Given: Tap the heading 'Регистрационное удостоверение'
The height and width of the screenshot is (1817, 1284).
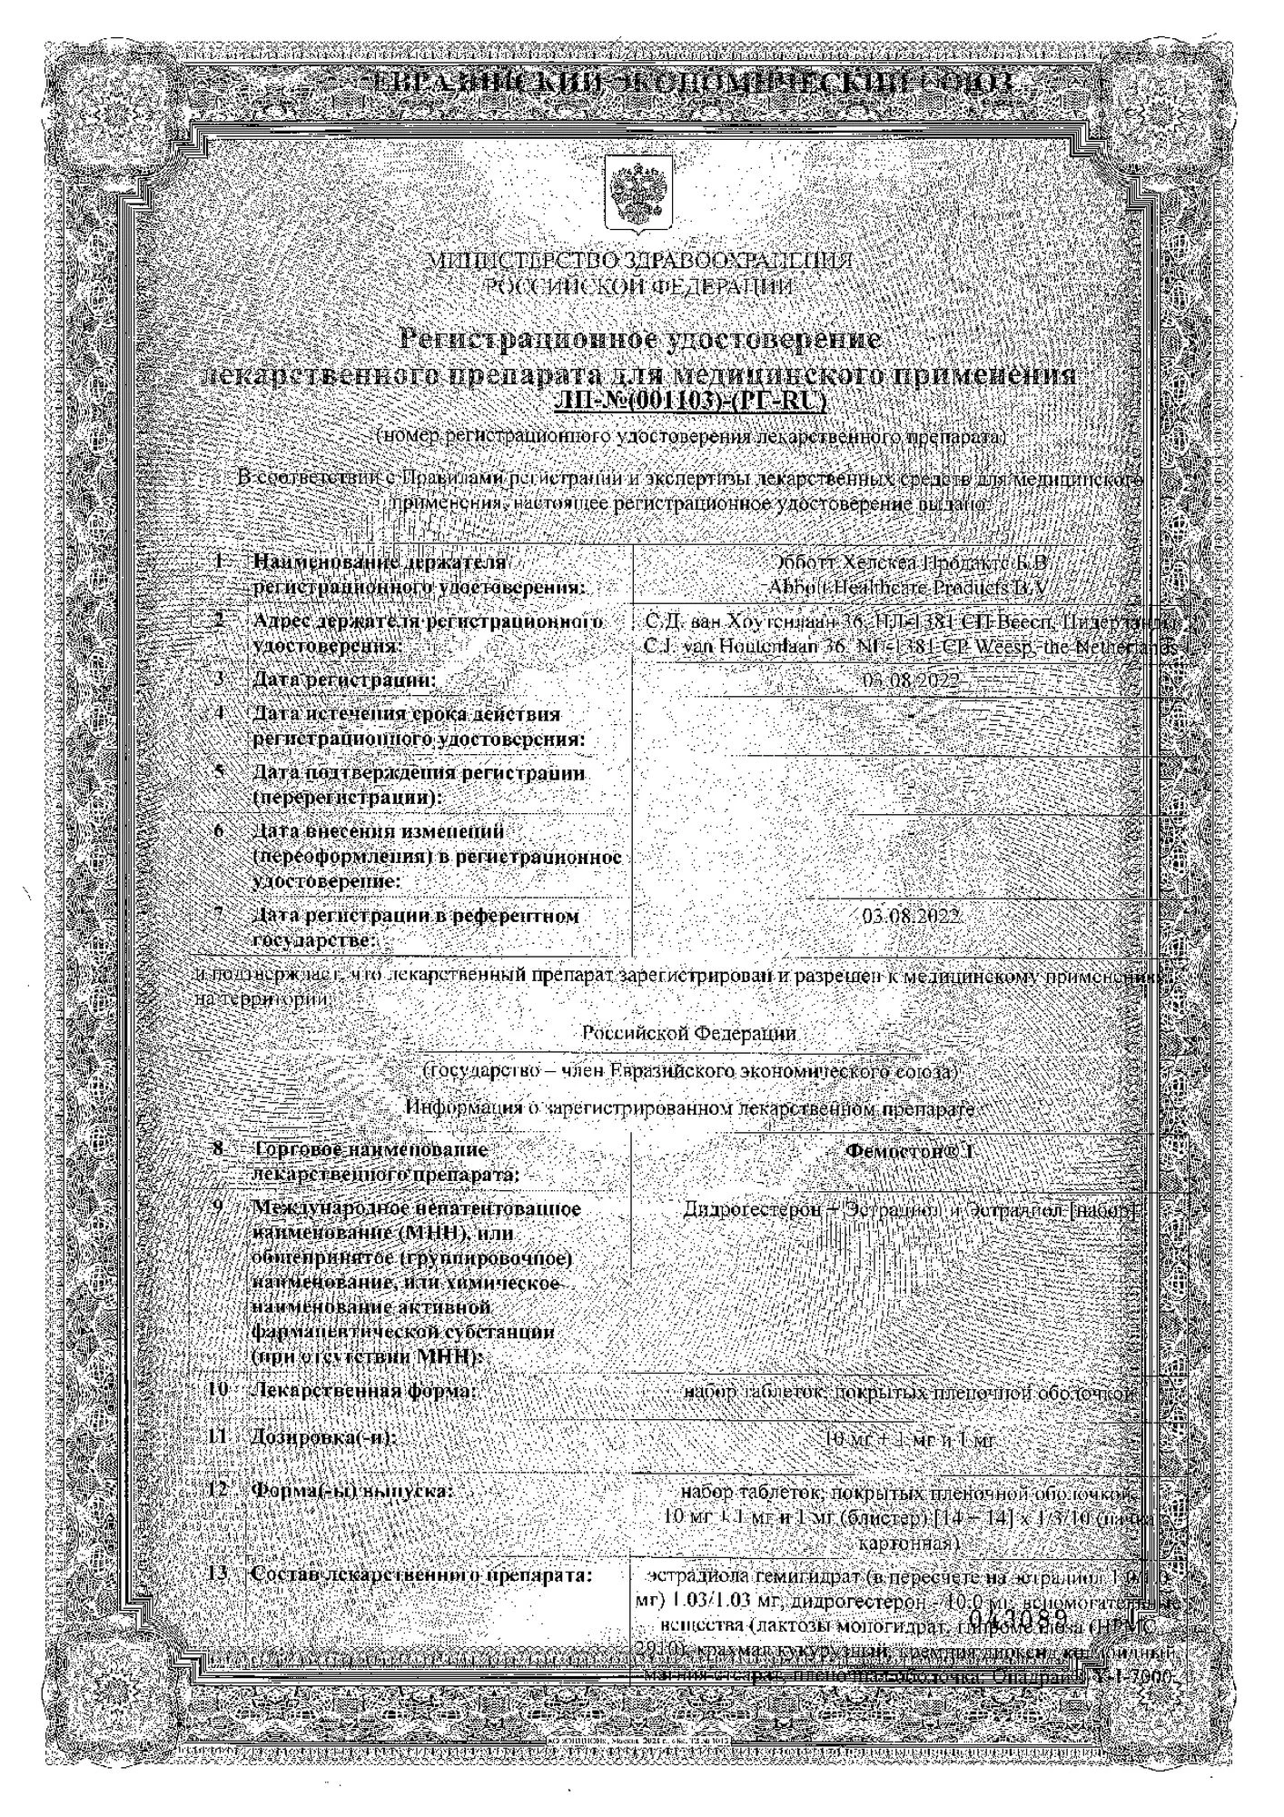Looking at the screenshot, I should point(641,341).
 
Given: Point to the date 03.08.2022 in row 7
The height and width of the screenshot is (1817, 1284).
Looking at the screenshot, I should point(911,917).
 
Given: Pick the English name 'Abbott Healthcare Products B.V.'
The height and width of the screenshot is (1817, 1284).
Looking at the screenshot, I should point(908,588).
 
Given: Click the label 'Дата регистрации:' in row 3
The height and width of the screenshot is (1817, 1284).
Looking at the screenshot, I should point(344,680).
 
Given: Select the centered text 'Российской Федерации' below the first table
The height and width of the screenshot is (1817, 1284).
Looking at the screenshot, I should point(689,1033).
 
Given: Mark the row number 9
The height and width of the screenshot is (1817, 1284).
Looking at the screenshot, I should point(218,1207).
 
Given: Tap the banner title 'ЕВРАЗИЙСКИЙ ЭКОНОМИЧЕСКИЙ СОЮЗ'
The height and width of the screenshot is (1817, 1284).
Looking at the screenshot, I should point(696,84).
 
